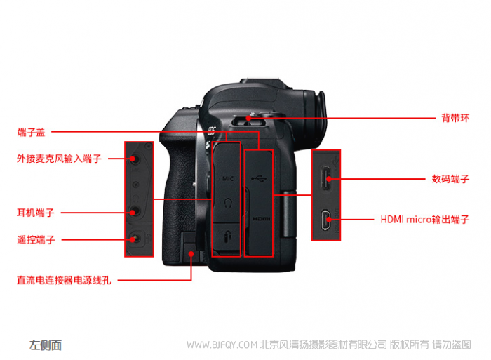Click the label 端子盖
(31, 132)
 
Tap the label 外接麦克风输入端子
(59, 159)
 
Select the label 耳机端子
(36, 213)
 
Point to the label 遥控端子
(36, 240)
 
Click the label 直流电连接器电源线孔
(64, 280)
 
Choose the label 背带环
(455, 118)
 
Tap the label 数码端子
(450, 179)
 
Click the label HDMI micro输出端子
(425, 220)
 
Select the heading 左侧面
(46, 345)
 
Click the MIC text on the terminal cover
(228, 178)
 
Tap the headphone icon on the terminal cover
(228, 203)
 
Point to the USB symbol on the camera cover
(259, 179)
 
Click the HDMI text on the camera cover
(261, 219)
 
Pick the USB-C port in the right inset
(326, 178)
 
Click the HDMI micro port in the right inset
(326, 220)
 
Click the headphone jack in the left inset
(134, 212)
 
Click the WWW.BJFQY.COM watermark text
(222, 345)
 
